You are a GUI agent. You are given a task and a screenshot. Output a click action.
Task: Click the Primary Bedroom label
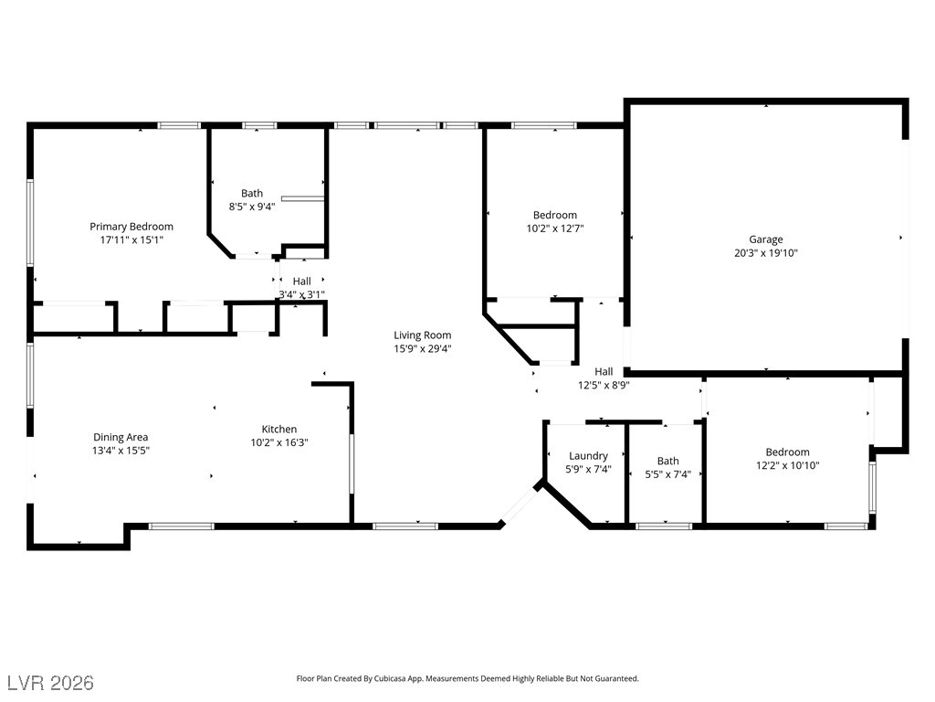(x=131, y=227)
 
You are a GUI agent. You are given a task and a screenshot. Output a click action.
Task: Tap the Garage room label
(x=766, y=239)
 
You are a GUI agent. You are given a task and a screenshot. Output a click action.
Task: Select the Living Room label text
(x=422, y=335)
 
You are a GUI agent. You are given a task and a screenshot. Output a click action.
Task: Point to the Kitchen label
(x=279, y=430)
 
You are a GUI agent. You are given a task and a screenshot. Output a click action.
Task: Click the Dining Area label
(x=121, y=438)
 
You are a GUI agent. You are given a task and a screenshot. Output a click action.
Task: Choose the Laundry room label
(x=588, y=456)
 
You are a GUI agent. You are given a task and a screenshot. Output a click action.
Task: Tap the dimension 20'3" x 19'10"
(x=766, y=253)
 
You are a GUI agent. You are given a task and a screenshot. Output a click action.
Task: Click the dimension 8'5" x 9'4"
(x=252, y=207)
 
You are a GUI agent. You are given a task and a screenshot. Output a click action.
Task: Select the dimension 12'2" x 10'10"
(x=788, y=465)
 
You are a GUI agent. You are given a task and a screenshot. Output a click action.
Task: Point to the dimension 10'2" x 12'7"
(x=554, y=229)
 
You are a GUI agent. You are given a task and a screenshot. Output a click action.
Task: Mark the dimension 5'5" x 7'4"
(x=667, y=474)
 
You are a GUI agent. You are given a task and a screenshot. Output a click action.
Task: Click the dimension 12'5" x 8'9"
(x=604, y=386)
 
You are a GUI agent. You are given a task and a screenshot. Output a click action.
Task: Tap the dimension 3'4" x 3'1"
(x=301, y=294)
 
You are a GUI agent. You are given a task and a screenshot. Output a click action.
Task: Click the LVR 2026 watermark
(x=51, y=682)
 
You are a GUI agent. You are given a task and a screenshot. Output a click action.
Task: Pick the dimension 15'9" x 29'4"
(x=422, y=349)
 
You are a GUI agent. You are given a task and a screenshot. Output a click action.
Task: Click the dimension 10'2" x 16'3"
(x=279, y=443)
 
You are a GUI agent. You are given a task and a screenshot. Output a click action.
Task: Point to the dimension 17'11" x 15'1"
(x=131, y=240)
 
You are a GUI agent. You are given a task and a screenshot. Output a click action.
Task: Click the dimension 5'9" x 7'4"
(x=588, y=470)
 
